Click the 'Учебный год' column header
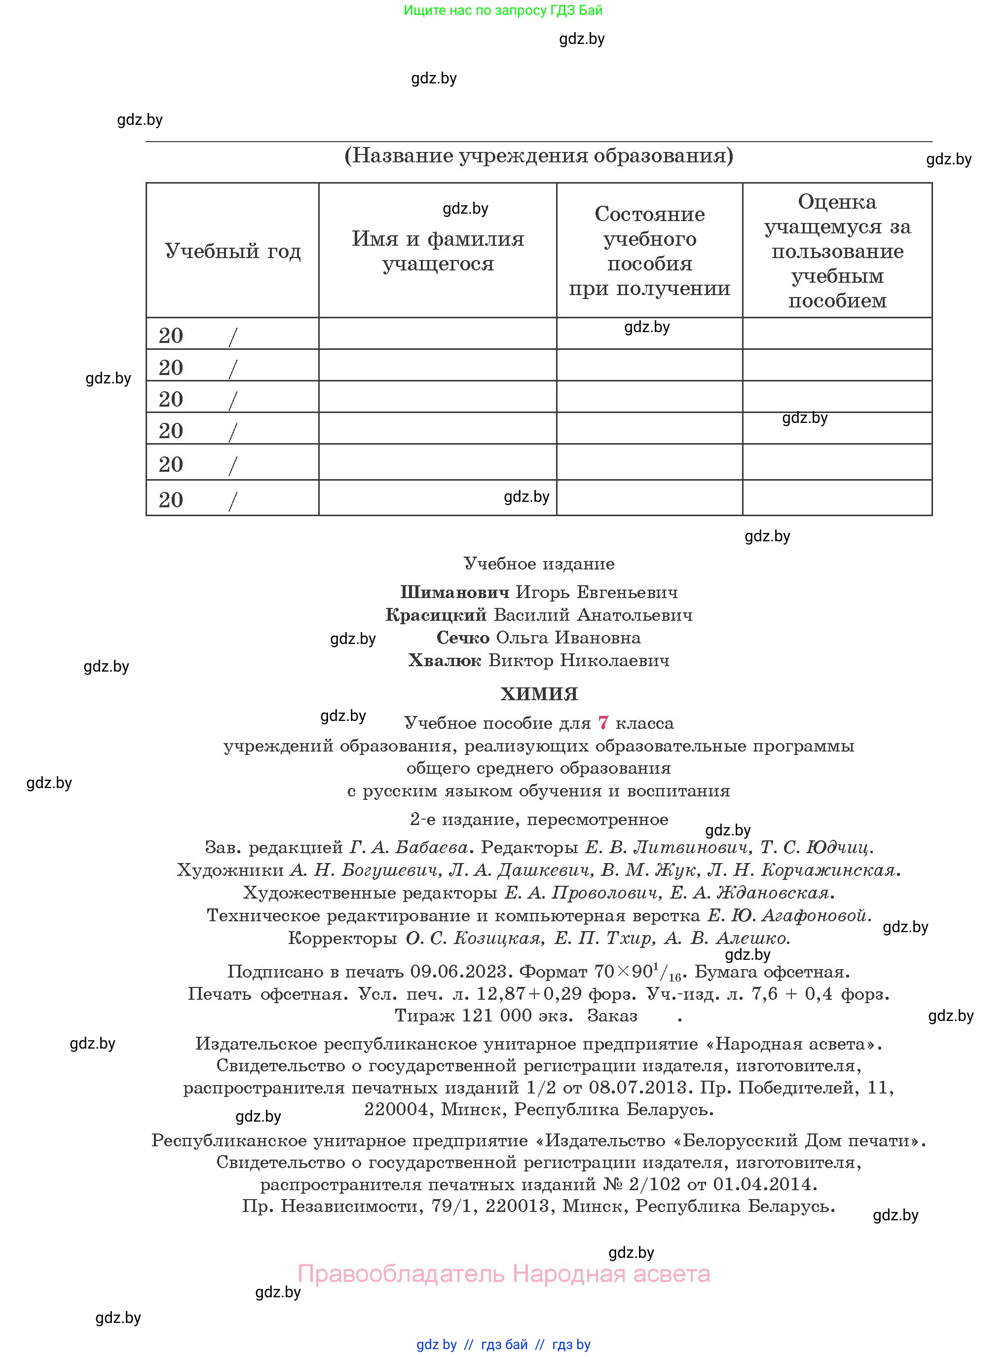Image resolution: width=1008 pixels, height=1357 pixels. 232,251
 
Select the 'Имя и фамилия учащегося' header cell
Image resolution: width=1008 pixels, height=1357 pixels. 438,251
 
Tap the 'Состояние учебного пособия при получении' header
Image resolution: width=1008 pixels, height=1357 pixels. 649,251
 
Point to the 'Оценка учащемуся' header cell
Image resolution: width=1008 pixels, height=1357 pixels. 837,251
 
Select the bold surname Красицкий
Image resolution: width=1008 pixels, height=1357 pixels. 436,615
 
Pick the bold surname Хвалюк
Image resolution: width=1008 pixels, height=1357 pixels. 445,661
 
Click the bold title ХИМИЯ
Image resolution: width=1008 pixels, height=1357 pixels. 539,694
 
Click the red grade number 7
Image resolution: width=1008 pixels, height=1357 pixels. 603,723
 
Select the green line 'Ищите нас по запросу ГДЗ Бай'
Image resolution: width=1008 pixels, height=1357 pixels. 503,10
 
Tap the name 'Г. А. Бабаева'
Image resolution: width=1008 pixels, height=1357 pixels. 408,848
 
